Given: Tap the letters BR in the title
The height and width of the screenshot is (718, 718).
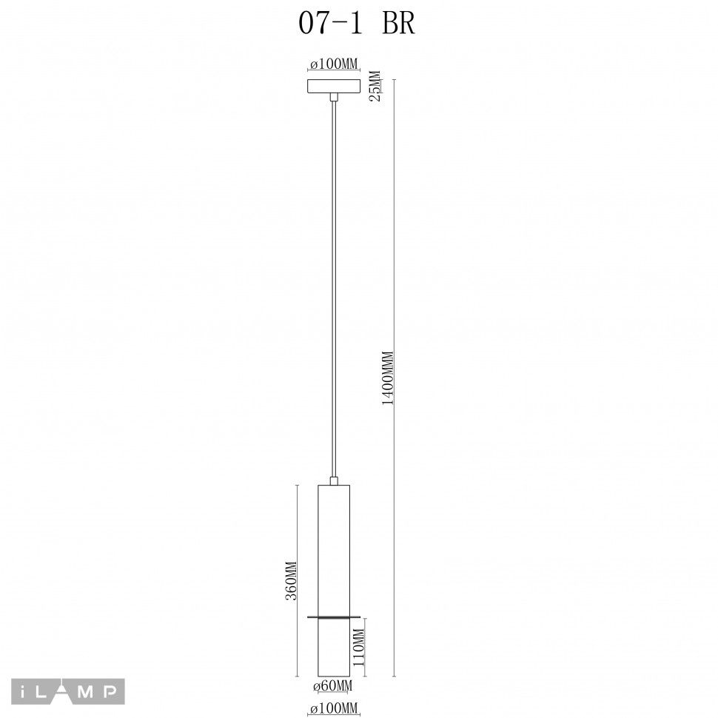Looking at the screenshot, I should tap(398, 24).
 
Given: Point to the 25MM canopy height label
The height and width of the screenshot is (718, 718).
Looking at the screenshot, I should tap(375, 85).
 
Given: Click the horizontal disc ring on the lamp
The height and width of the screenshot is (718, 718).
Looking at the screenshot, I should tap(333, 616).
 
